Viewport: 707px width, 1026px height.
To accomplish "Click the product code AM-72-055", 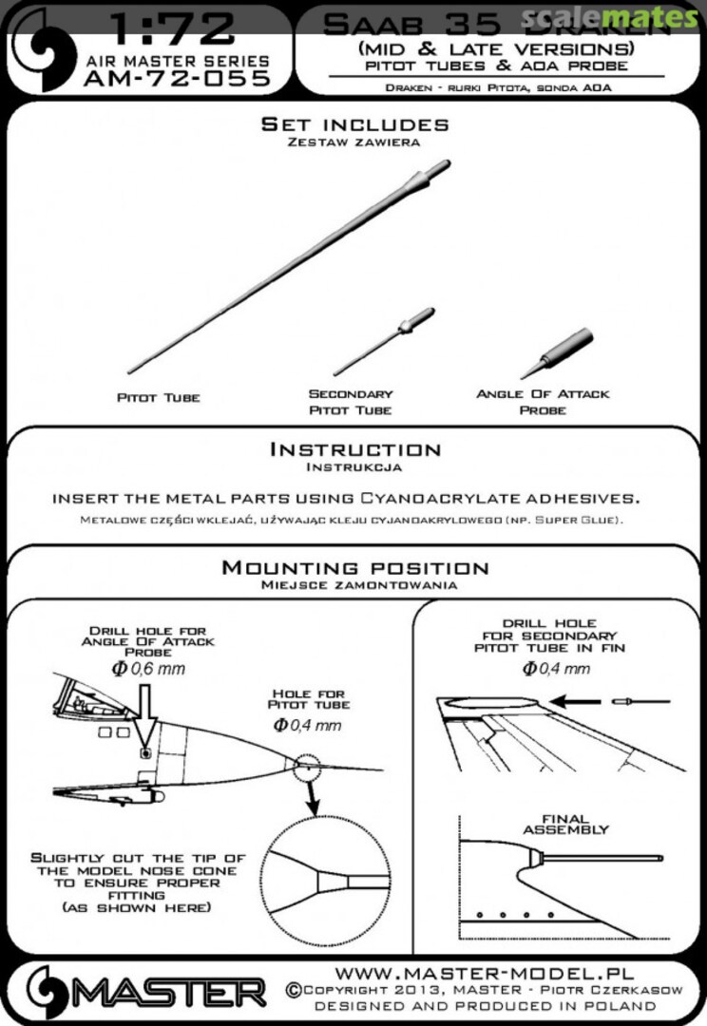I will (176, 79).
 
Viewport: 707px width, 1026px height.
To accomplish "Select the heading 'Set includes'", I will (354, 124).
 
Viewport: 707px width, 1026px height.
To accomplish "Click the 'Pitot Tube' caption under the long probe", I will (158, 397).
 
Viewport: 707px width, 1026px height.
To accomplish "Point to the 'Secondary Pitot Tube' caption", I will (351, 401).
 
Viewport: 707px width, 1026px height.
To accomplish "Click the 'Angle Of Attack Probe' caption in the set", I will (543, 401).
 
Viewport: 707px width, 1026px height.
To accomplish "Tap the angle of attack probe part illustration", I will (558, 351).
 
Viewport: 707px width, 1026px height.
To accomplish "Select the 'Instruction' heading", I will (354, 448).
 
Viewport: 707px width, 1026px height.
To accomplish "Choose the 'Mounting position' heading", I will (354, 568).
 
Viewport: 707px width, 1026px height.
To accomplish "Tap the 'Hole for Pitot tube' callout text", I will (308, 699).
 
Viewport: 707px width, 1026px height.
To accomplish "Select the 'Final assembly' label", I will (565, 824).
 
